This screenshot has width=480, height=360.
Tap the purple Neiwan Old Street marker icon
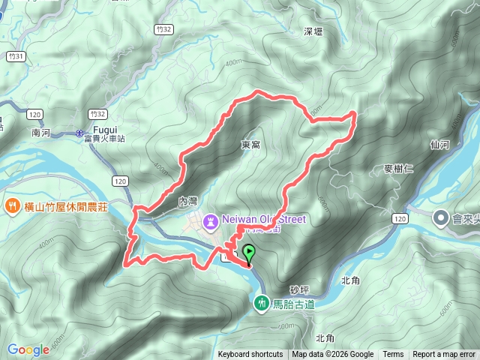pyautogui.click(x=211, y=220)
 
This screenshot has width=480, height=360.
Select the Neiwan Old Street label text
pyautogui.click(x=263, y=219)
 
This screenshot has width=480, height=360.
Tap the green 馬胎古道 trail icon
pyautogui.click(x=262, y=303)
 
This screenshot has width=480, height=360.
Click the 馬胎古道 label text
pyautogui.click(x=292, y=304)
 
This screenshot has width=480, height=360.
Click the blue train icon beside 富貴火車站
pyautogui.click(x=79, y=133)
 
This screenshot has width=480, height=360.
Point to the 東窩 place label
pyautogui.click(x=251, y=144)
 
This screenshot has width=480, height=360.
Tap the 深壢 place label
pyautogui.click(x=313, y=31)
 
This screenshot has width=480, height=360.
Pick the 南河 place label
pyautogui.click(x=41, y=132)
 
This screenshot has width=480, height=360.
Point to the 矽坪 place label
pyautogui.click(x=298, y=289)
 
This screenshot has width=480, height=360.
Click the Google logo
pyautogui.click(x=28, y=349)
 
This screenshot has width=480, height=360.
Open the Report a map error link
pyautogui.click(x=444, y=355)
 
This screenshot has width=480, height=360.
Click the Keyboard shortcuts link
pyautogui.click(x=250, y=355)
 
